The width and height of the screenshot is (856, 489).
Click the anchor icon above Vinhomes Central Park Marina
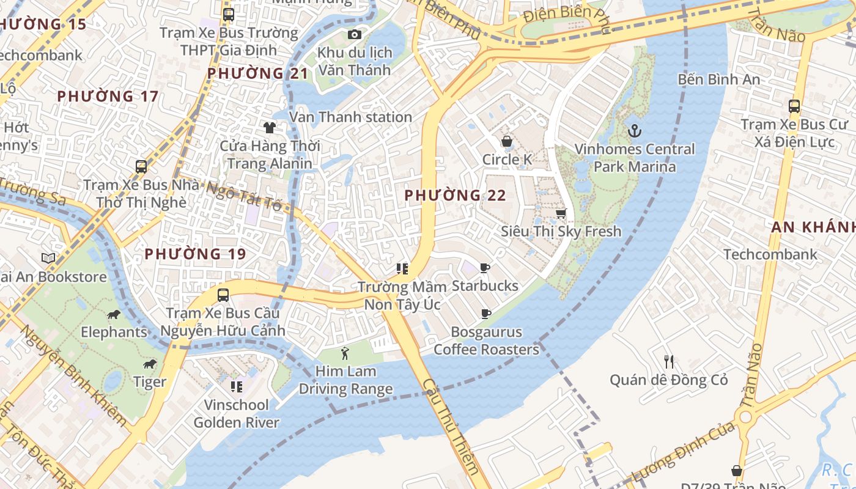tap(635, 130)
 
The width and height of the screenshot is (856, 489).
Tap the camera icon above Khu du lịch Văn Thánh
tap(354, 34)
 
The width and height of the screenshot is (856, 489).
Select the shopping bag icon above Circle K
tap(506, 142)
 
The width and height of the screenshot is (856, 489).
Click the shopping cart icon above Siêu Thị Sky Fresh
tap(561, 213)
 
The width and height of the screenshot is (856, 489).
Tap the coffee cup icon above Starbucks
tap(485, 268)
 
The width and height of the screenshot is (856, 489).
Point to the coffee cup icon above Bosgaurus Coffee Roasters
tap(486, 314)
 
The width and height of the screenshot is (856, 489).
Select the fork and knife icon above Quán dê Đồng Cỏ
tap(669, 361)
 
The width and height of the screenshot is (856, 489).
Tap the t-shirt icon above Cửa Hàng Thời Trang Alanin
tap(269, 127)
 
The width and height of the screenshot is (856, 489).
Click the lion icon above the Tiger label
tap(149, 364)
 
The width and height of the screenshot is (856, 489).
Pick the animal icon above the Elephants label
tap(114, 314)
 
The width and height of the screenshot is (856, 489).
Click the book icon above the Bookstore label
tap(48, 258)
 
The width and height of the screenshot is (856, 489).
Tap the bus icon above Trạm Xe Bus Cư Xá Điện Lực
tap(794, 106)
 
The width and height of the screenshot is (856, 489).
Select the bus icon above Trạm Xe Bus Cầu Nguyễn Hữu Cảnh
tap(223, 295)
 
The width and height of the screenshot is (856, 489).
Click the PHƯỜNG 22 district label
tap(456, 196)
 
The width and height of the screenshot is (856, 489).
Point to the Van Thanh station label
tap(350, 117)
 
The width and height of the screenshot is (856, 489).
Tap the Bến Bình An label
tap(718, 79)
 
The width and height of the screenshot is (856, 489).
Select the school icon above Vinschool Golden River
tap(237, 386)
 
